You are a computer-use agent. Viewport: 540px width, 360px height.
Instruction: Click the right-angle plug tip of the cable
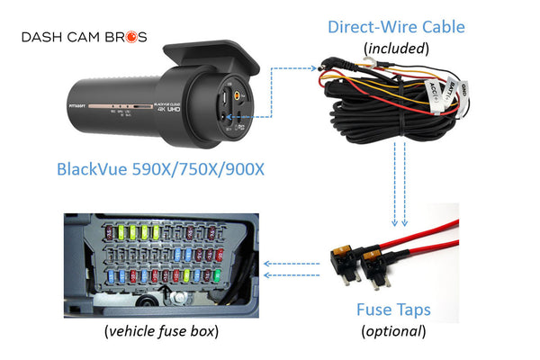pyautogui.click(x=321, y=66)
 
